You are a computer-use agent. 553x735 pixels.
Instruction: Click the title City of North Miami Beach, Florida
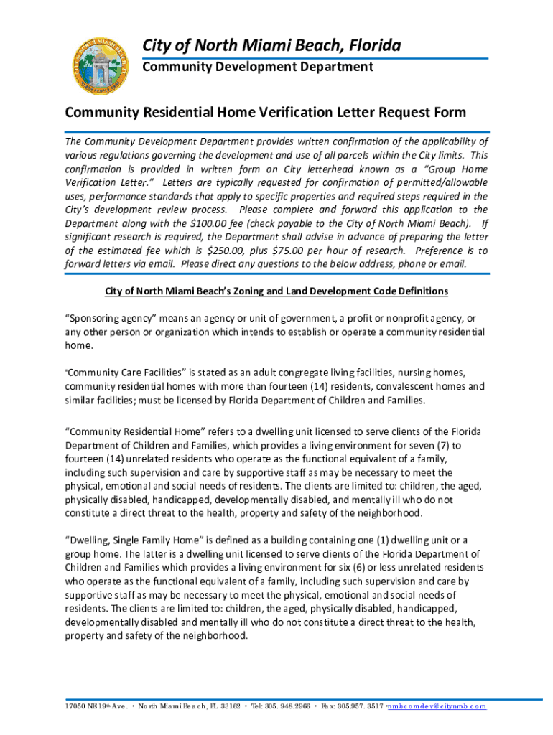(271, 47)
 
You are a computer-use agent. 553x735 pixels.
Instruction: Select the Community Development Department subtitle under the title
(257, 67)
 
